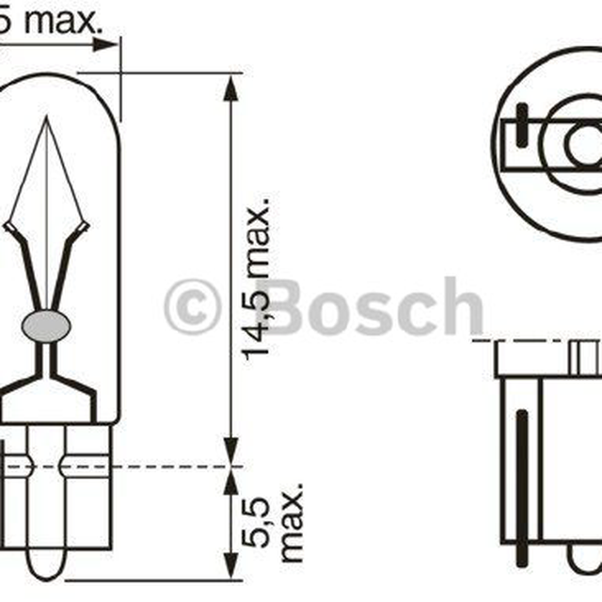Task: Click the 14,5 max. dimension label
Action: (257, 279)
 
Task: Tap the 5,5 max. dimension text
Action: (272, 523)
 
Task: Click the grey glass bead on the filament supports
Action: (46, 326)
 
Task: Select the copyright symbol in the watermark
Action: (193, 308)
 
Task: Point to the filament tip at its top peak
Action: (47, 117)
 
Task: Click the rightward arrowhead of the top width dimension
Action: (105, 44)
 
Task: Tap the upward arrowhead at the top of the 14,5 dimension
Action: (230, 87)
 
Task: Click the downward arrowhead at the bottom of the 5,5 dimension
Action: (230, 565)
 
